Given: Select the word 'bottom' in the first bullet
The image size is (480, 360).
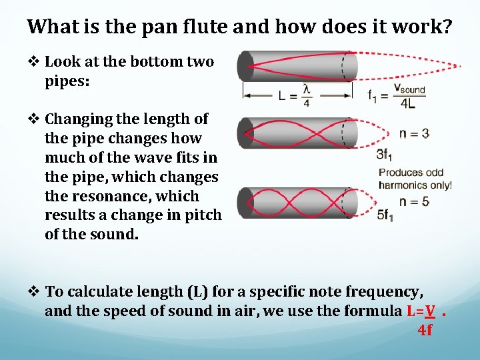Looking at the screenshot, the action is (157, 62).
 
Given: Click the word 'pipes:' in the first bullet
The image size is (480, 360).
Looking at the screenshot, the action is (67, 81).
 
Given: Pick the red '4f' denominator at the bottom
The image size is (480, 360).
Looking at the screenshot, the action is (425, 330).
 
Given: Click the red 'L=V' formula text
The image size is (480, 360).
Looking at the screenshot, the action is (421, 311).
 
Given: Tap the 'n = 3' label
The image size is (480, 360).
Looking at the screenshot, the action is (413, 133).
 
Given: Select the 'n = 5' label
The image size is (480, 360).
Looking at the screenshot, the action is (413, 201).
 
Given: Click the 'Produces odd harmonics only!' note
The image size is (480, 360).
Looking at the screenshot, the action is (415, 179).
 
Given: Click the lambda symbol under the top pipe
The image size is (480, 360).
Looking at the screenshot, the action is (307, 89).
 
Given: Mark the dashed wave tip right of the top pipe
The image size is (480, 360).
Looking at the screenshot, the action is (459, 66).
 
